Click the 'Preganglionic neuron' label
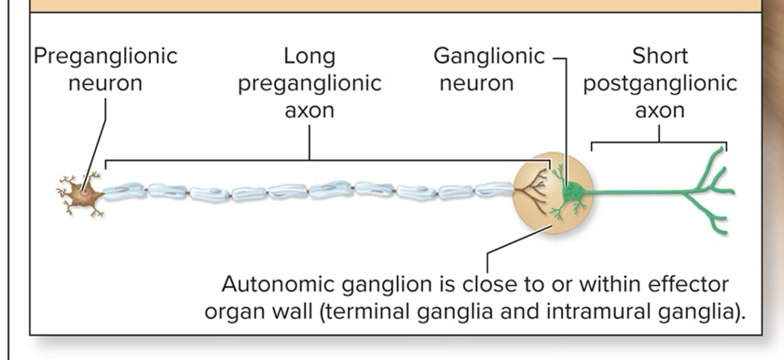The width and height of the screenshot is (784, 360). [106, 69]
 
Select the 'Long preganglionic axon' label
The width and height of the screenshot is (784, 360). [310, 83]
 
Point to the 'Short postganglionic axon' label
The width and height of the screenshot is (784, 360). [660, 83]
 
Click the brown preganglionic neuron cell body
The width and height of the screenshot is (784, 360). [83, 193]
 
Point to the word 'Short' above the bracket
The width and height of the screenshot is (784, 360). [660, 55]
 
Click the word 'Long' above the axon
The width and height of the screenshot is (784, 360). [310, 55]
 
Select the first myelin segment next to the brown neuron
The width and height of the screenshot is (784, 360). [124, 190]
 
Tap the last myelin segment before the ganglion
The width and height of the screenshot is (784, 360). [493, 189]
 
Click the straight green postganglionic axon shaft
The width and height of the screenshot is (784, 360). [640, 193]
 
